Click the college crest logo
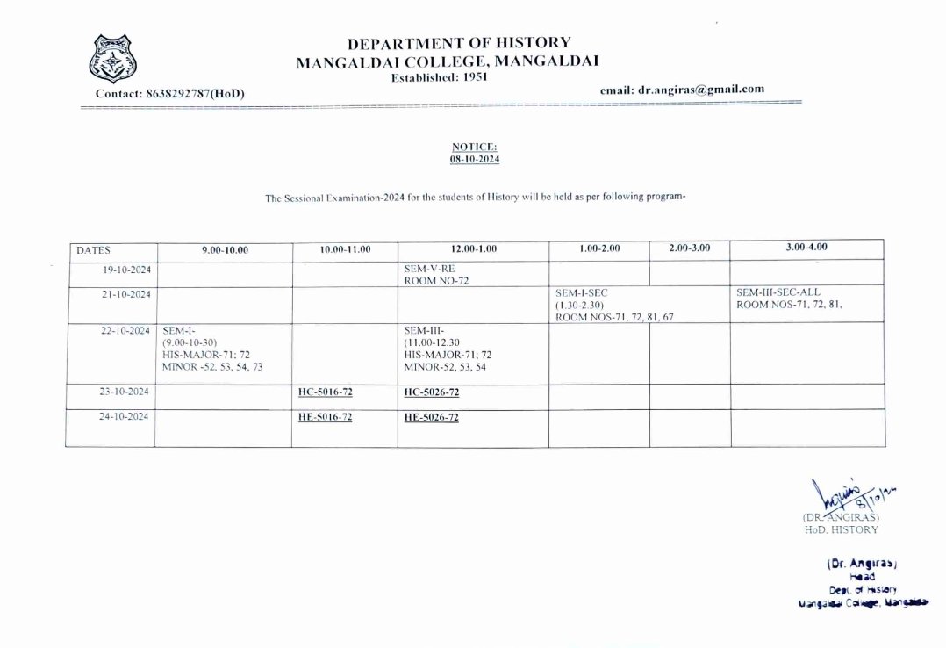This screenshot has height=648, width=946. coord(113,59)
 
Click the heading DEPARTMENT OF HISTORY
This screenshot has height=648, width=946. coord(459,42)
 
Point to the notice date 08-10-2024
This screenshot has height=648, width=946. coord(474,160)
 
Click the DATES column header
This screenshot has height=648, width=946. coord(93,249)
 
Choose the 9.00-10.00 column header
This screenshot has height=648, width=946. coord(225,249)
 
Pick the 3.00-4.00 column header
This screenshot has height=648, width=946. coord(807,248)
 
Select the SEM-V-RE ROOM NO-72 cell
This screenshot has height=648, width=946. coord(430,276)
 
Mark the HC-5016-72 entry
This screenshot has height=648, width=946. coord(325,392)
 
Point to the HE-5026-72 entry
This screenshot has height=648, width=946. coord(431,418)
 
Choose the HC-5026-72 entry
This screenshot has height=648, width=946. coord(431,392)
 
